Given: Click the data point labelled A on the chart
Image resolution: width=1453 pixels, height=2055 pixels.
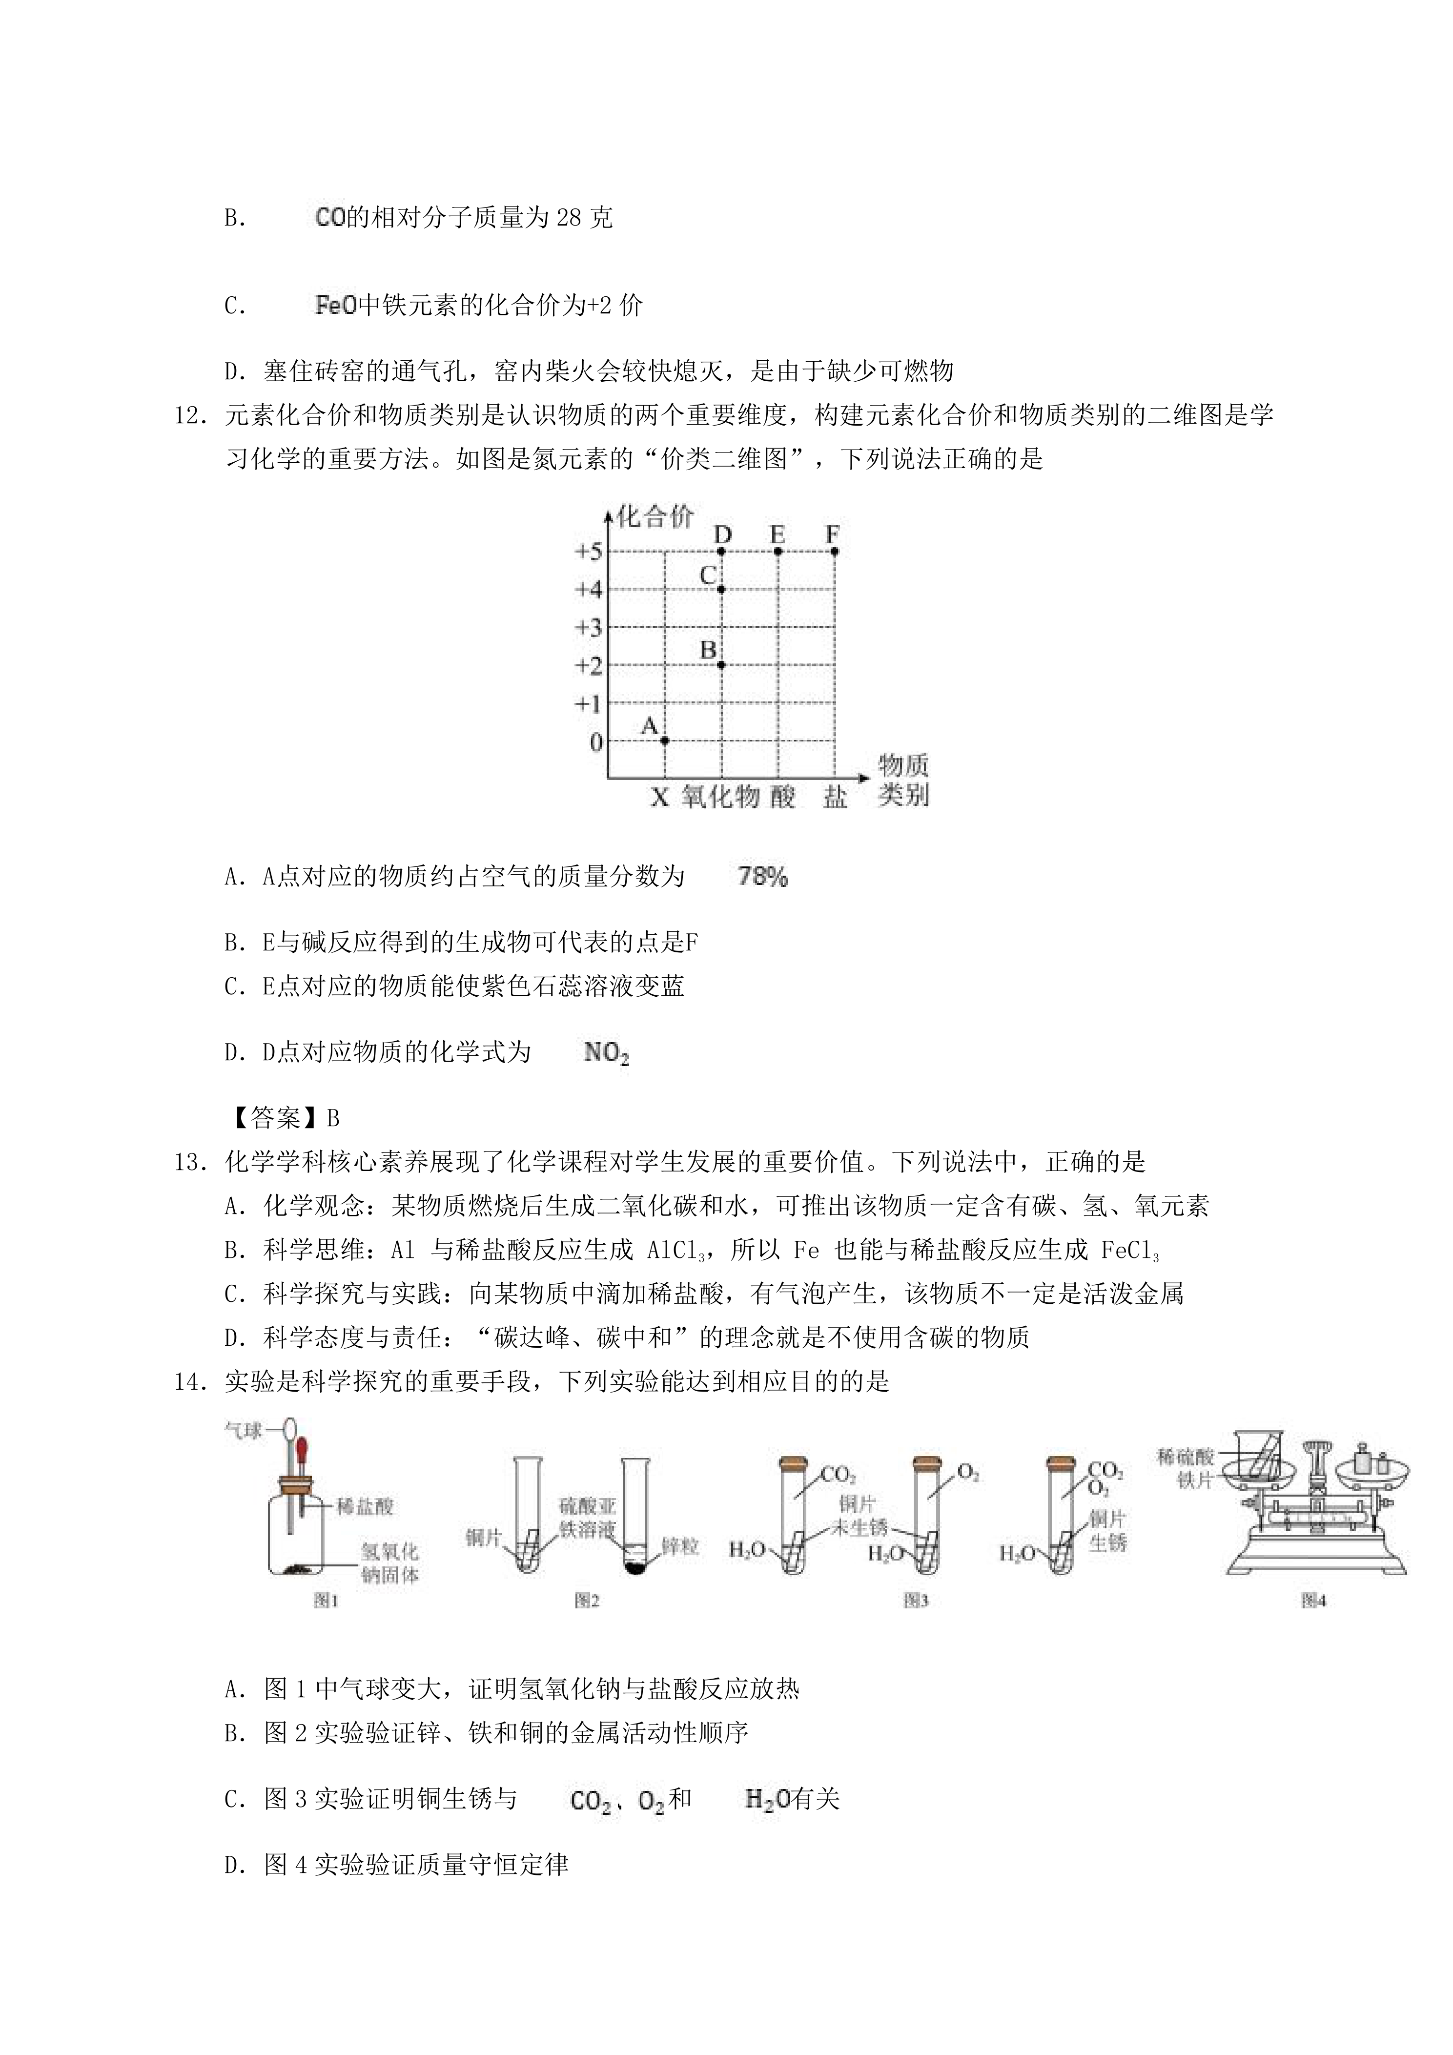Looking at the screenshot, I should click(x=665, y=740).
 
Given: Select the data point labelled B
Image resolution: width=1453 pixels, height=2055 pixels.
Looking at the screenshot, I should click(x=721, y=664).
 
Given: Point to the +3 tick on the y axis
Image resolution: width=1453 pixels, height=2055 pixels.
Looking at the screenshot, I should click(x=589, y=627).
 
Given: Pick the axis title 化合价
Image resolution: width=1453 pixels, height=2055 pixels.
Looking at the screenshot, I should click(x=656, y=517).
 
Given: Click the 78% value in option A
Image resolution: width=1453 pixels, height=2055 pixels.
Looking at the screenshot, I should click(x=762, y=877).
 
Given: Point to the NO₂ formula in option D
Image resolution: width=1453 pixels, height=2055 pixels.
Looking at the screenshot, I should click(x=606, y=1053).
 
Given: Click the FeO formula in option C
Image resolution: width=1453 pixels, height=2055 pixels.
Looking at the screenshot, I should click(x=336, y=306).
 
